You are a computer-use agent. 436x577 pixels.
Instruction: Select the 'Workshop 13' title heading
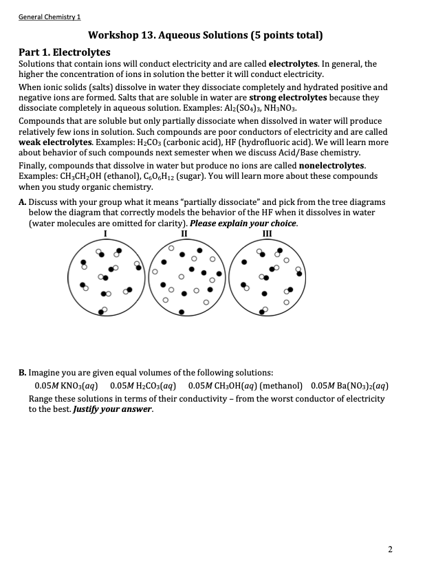pos(206,35)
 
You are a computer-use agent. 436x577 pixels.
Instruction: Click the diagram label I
pos(105,234)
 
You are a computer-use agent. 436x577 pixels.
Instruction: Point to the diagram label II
pos(184,234)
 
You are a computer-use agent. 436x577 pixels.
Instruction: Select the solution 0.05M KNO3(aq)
pos(68,386)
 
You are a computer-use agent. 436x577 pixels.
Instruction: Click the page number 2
pos(390,549)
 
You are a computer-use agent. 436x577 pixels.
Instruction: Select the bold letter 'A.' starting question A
pos(23,203)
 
